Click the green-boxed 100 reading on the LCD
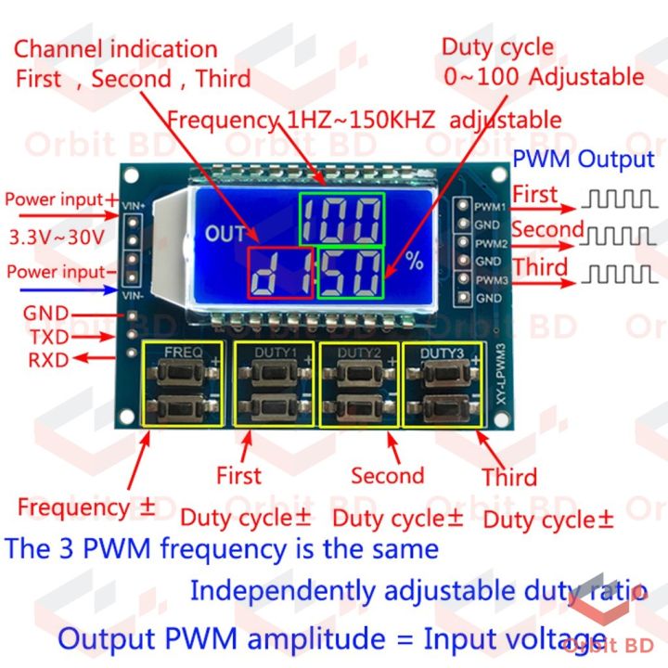pos(340,220)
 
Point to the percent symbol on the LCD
pos(414,262)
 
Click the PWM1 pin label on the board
pos(491,205)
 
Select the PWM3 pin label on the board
pos(491,279)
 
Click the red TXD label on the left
pos(48,337)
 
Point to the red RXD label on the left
pos(48,360)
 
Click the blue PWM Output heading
pos(584,159)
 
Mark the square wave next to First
pos(618,197)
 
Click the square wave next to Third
pos(619,273)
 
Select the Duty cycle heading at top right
pos(496,47)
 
